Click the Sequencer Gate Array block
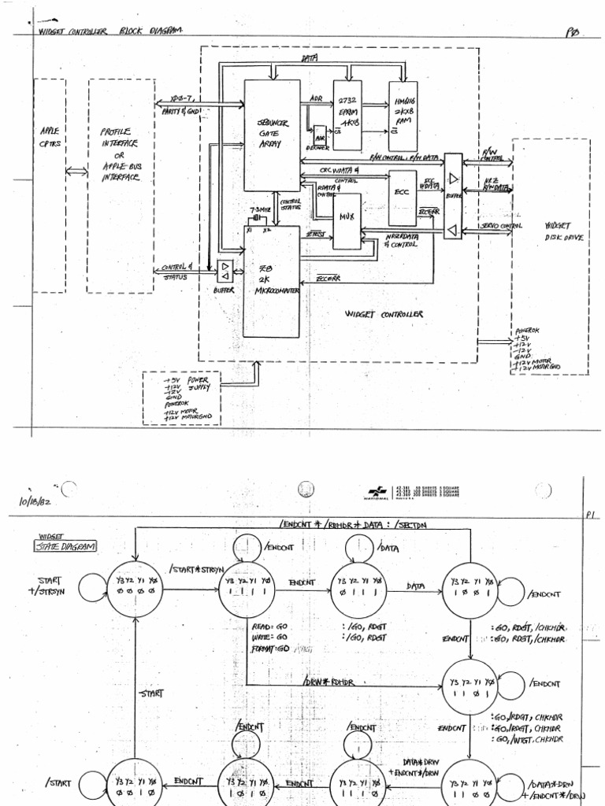click(272, 135)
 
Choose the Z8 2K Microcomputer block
click(271, 281)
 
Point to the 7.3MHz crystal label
click(259, 211)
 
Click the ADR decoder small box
click(320, 138)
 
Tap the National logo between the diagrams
click(381, 493)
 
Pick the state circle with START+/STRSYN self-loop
click(135, 589)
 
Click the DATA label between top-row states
click(416, 586)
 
